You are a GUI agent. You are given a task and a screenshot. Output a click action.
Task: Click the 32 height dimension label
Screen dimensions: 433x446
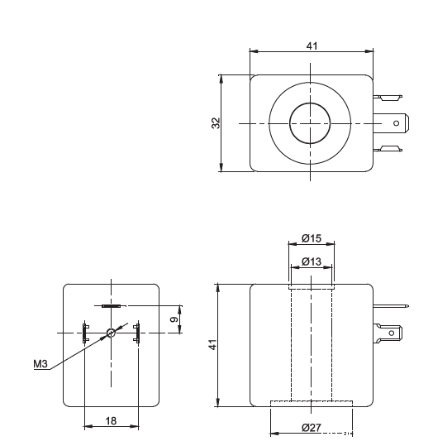216,122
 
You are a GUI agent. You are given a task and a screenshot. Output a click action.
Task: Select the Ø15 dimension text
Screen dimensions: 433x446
312,238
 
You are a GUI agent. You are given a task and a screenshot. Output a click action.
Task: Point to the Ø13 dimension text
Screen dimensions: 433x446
312,261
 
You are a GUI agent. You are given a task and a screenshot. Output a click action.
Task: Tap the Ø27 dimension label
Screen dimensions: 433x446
312,428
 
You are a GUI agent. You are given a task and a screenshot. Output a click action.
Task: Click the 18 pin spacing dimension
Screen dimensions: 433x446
111,420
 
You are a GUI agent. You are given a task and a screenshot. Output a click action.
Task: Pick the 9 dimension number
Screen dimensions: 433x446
174,319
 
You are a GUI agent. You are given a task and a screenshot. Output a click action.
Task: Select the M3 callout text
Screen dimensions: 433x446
40,364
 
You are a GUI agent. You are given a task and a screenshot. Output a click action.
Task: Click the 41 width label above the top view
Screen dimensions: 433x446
312,46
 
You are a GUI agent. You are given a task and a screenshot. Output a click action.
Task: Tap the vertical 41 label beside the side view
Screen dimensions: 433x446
213,344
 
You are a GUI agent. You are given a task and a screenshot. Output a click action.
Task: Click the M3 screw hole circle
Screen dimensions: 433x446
111,333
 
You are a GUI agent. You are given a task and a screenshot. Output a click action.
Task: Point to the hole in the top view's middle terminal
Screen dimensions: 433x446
396,123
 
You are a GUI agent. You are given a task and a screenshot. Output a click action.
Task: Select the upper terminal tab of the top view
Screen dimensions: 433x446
388,98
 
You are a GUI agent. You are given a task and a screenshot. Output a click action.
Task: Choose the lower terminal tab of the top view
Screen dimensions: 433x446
388,149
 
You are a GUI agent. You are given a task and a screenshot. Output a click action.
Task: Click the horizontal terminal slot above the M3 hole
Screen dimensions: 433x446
111,306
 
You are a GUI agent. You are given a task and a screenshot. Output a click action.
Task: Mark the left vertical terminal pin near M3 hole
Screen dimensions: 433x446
85,333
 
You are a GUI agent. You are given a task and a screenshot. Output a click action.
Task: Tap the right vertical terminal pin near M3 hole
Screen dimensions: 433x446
137,333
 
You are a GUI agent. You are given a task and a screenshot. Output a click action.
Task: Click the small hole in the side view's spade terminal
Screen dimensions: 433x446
391,333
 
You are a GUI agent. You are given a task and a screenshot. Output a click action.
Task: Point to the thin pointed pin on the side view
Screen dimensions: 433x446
391,306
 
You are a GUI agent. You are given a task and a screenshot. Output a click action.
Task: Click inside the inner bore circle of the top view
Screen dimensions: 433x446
310,123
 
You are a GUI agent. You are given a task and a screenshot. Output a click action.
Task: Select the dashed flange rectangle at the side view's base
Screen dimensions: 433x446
312,404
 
